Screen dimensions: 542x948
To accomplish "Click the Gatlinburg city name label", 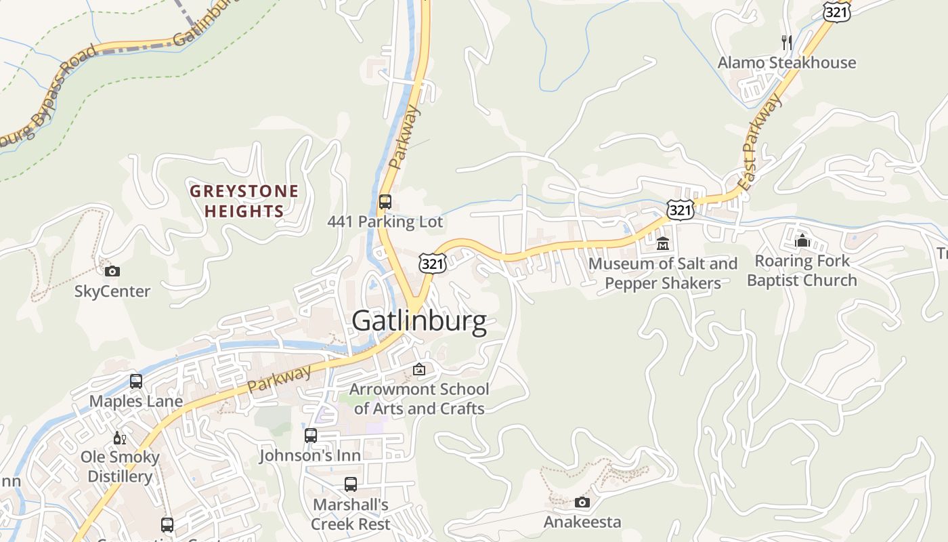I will pos(419,321).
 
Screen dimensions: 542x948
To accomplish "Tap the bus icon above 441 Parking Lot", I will pos(385,202).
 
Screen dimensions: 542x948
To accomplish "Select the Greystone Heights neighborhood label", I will pos(244,201).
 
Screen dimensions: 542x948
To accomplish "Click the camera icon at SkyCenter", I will pos(112,272).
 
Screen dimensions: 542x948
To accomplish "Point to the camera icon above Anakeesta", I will pos(582,502).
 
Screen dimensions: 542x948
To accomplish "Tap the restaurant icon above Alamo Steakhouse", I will pos(786,42).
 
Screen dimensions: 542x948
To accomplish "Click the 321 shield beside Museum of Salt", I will pos(680,210).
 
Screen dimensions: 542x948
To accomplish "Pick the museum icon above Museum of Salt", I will pos(662,243).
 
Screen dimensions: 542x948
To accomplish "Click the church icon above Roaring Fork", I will pos(802,241).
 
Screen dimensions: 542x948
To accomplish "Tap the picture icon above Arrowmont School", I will pos(419,369).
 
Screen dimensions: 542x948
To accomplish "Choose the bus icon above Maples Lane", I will pos(136,381).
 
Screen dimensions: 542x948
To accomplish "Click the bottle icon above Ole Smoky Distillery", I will pos(120,438).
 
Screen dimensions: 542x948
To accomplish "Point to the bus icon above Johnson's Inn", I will pos(310,436).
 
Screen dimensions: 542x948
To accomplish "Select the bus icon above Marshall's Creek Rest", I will pos(350,484).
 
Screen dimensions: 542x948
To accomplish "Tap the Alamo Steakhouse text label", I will pos(787,63).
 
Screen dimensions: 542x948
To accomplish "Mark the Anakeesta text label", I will pos(582,522).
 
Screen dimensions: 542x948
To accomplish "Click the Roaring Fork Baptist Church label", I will pos(802,270).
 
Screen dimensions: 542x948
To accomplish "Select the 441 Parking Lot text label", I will pos(385,222).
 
